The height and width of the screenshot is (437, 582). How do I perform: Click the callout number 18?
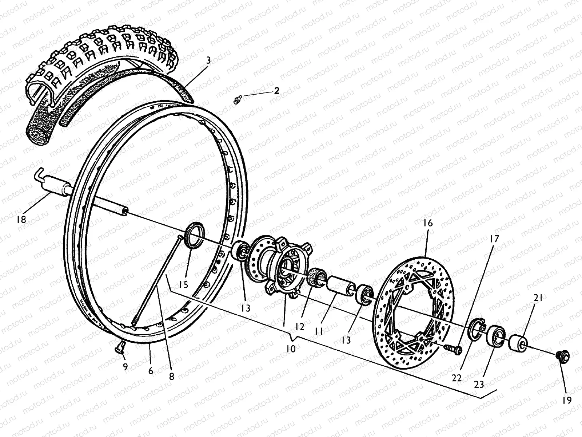21,219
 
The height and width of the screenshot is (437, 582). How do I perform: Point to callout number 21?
538,299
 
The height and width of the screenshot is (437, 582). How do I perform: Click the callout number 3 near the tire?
208,61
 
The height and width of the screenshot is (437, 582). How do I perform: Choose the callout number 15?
184,284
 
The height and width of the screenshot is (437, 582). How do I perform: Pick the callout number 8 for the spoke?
171,377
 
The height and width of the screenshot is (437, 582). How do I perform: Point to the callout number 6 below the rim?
151,371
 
